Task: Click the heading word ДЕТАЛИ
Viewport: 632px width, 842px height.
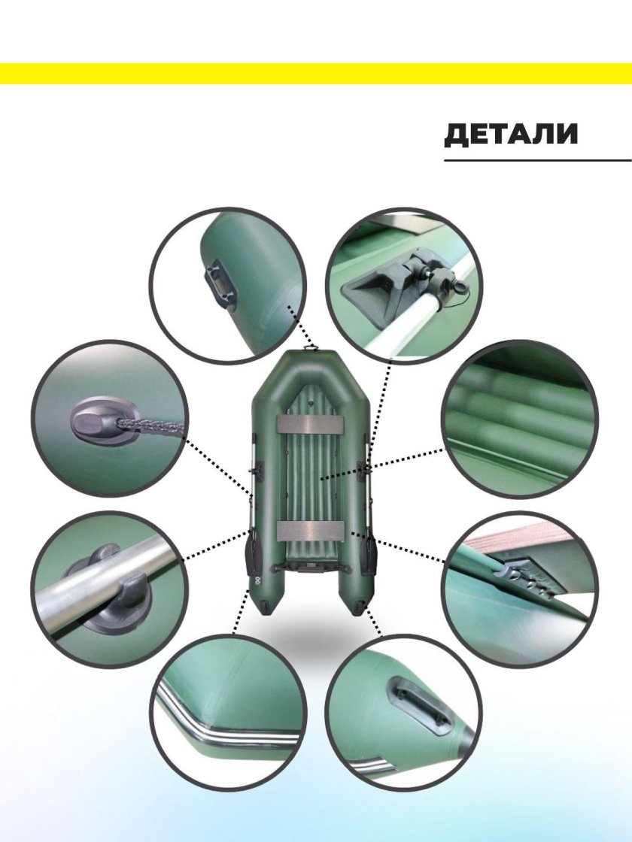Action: pyautogui.click(x=511, y=135)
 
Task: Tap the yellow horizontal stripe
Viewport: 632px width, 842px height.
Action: pyautogui.click(x=316, y=74)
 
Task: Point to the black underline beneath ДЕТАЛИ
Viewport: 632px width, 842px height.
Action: pyautogui.click(x=537, y=160)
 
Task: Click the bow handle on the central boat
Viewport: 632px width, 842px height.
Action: pyautogui.click(x=311, y=348)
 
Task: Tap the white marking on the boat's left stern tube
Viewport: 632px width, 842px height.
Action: pyautogui.click(x=257, y=580)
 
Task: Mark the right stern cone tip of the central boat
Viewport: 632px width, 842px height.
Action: pyautogui.click(x=358, y=613)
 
